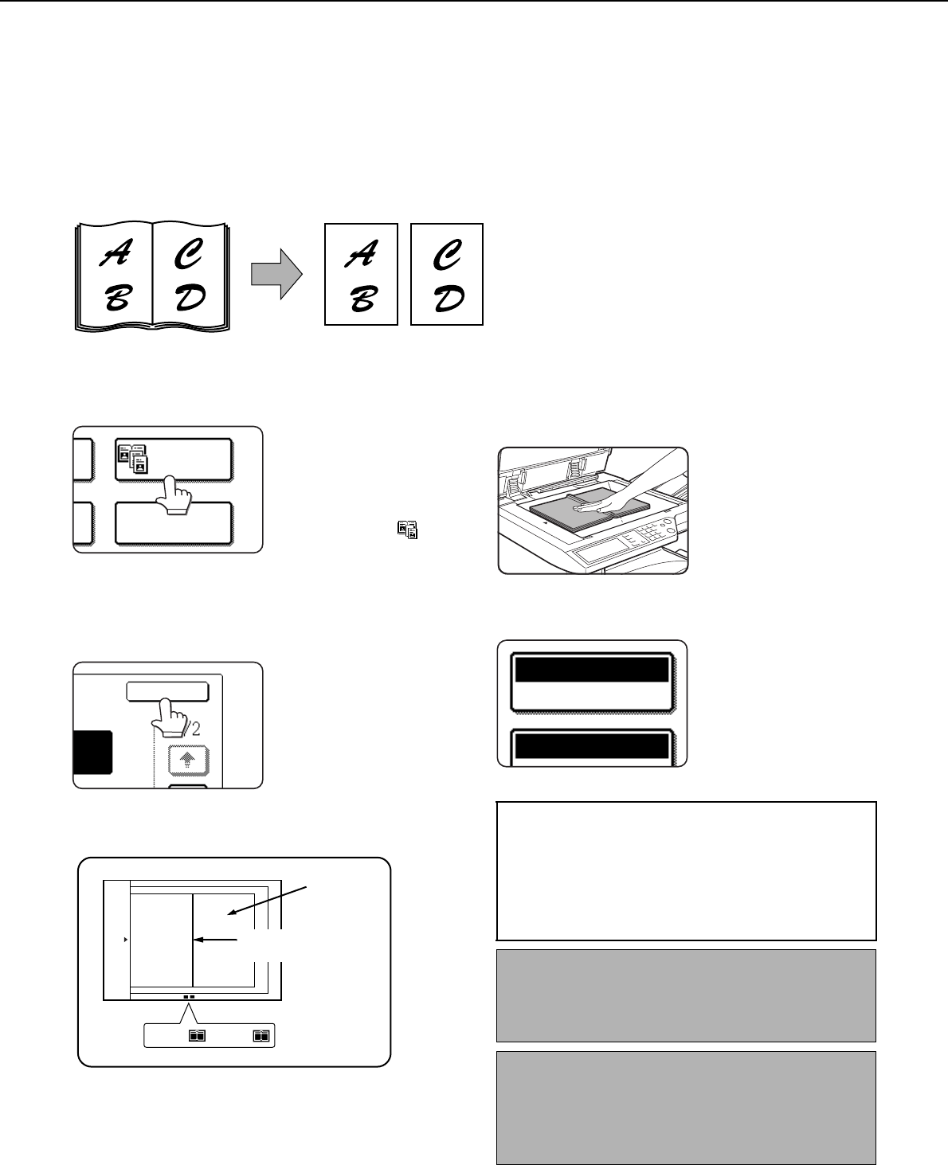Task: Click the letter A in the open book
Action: pos(116,253)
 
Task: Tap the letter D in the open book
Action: pos(190,297)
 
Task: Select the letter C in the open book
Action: pos(189,253)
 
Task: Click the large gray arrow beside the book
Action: pos(276,274)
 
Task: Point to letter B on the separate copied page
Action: pos(363,298)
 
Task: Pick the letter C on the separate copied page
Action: pos(448,254)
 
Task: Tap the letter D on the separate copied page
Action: pos(449,298)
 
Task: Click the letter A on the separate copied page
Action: pos(361,254)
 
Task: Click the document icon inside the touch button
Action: pos(133,459)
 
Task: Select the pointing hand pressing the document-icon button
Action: pos(174,495)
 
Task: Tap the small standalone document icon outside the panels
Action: pos(408,530)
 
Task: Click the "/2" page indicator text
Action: pos(193,729)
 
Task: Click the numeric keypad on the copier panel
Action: pos(651,530)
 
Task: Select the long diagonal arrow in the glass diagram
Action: pos(267,900)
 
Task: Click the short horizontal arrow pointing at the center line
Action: pos(216,940)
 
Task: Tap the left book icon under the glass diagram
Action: pos(197,1035)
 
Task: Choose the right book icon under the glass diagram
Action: pos(261,1035)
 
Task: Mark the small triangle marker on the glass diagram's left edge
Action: pos(126,940)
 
